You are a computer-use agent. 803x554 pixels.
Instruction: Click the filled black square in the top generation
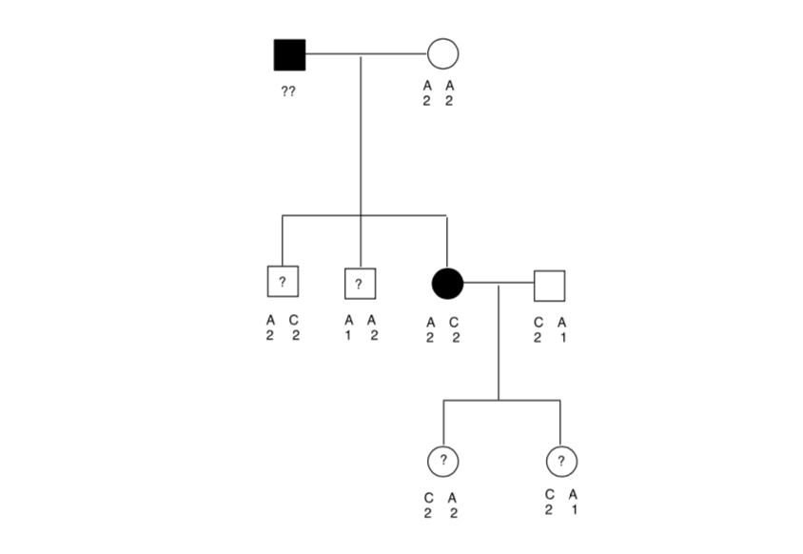[x=289, y=54]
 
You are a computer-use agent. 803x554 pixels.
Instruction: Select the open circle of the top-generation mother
[x=442, y=54]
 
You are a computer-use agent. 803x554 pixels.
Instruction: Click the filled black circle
[x=447, y=284]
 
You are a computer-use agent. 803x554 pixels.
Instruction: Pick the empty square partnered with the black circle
[x=549, y=284]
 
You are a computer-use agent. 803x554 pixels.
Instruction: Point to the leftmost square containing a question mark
[x=283, y=282]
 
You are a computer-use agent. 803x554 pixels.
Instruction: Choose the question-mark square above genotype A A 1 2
[x=360, y=284]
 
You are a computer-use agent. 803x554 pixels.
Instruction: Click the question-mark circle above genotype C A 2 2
[x=443, y=460]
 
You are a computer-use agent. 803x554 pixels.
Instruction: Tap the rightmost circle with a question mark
[x=561, y=461]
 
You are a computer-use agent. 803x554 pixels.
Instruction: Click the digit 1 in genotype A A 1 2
[x=349, y=336]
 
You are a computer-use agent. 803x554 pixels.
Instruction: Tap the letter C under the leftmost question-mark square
[x=295, y=321]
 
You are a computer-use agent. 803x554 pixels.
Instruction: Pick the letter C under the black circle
[x=455, y=322]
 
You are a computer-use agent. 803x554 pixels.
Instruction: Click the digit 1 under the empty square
[x=562, y=336]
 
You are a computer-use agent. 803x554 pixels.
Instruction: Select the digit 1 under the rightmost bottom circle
[x=573, y=508]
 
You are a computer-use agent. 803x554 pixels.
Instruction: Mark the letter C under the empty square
[x=539, y=322]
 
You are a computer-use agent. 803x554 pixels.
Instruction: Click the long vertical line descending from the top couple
[x=361, y=143]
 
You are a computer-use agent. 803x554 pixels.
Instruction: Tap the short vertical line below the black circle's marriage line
[x=499, y=343]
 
